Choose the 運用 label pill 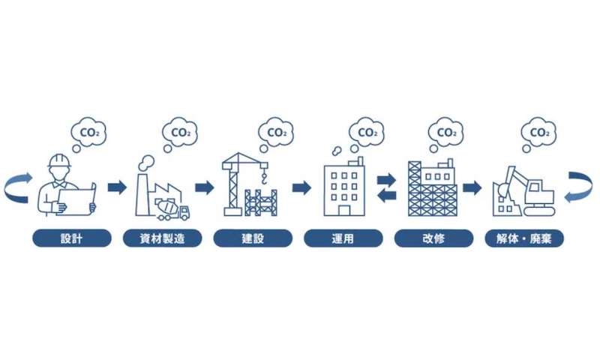point(343,238)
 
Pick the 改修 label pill point(433,238)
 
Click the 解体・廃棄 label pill point(524,238)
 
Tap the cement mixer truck point(172,208)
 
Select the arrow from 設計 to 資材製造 point(116,187)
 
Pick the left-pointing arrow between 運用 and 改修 point(385,195)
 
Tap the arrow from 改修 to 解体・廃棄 point(472,187)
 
